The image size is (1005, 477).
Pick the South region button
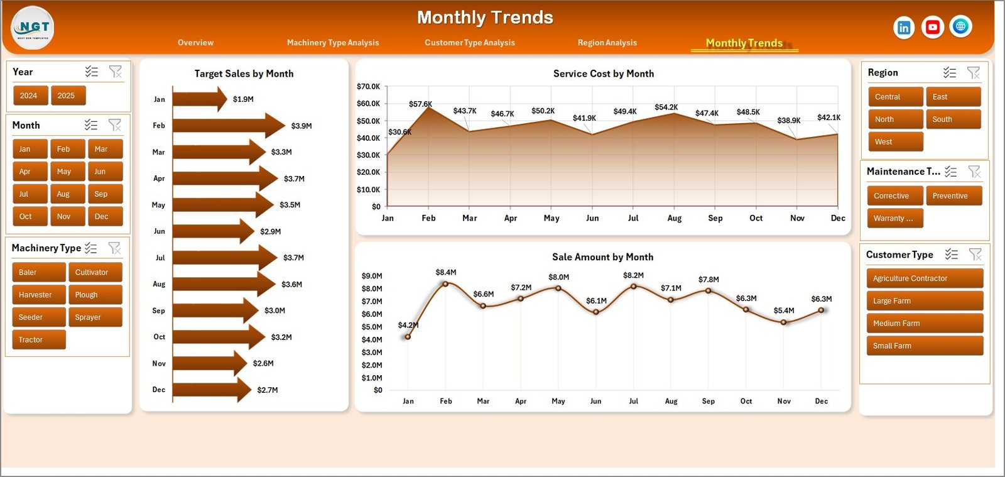pyautogui.click(x=953, y=119)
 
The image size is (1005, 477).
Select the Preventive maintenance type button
pyautogui.click(x=953, y=196)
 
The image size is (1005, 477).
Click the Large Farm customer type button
pyautogui.click(x=925, y=301)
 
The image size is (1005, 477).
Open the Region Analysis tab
pyautogui.click(x=607, y=43)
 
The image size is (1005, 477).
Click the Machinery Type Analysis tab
pyautogui.click(x=333, y=43)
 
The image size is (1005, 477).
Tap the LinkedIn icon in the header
pyautogui.click(x=904, y=27)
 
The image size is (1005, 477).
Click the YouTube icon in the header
pyautogui.click(x=933, y=27)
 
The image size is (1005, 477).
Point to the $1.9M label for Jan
pyautogui.click(x=243, y=99)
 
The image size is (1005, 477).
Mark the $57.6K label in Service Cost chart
pyautogui.click(x=420, y=104)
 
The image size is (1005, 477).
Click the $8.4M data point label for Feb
pyautogui.click(x=446, y=272)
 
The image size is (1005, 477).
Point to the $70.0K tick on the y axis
pyautogui.click(x=368, y=87)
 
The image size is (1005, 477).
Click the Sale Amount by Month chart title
pyautogui.click(x=602, y=257)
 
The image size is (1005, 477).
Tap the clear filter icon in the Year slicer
pyautogui.click(x=116, y=72)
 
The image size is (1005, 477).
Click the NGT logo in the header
pyautogui.click(x=33, y=28)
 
